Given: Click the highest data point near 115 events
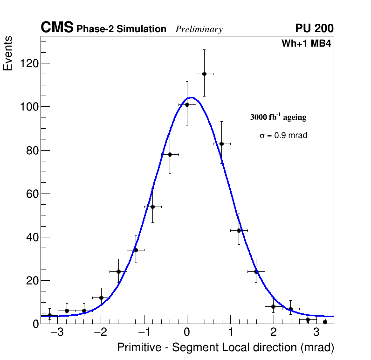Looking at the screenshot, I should (x=204, y=74).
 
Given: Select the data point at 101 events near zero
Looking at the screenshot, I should (x=187, y=104).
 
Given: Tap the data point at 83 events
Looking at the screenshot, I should (x=221, y=144).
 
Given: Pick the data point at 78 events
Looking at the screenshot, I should (x=170, y=154).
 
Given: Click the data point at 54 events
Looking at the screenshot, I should (x=152, y=207).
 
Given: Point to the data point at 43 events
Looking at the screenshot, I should (x=239, y=230).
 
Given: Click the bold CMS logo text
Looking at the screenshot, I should (x=57, y=28).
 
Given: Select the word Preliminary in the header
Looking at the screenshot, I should (x=199, y=29).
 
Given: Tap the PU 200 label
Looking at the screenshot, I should (x=314, y=28).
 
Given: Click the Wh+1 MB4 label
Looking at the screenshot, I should (x=306, y=44).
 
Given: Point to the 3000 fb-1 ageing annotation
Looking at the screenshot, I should (x=278, y=117).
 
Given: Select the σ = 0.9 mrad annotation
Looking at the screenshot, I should (x=283, y=136).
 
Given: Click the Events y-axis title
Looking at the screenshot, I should (x=8, y=54).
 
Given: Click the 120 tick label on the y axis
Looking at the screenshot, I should (x=29, y=63).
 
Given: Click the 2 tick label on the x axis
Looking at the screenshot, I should (x=273, y=333).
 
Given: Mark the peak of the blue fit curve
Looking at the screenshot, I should (x=191, y=97).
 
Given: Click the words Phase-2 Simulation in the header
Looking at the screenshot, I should (x=121, y=29).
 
